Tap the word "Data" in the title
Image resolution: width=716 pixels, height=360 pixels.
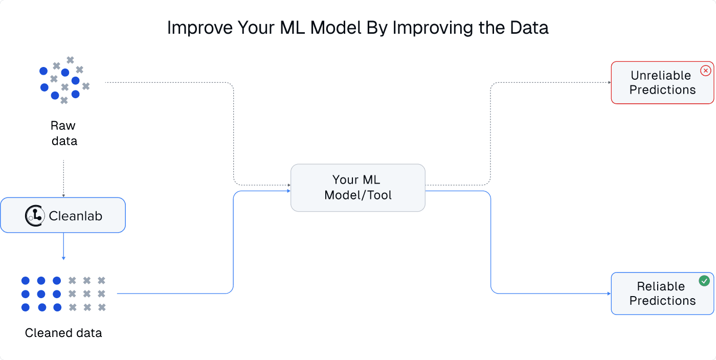click(x=528, y=28)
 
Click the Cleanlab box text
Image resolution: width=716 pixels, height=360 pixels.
click(x=76, y=216)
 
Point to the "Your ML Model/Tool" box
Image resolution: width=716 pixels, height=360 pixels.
click(x=357, y=188)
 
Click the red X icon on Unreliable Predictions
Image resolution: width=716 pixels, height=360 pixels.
click(x=706, y=71)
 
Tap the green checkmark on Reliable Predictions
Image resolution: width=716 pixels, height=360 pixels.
click(x=704, y=281)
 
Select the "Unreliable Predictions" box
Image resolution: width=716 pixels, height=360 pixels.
click(x=662, y=83)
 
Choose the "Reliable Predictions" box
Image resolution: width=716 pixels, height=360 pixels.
click(x=662, y=294)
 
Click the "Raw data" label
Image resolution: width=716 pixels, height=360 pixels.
click(x=64, y=133)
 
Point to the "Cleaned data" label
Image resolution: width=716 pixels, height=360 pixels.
click(x=63, y=333)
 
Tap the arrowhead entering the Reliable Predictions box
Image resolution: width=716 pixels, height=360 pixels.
click(x=609, y=294)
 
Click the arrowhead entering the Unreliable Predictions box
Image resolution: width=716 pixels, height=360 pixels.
click(x=609, y=83)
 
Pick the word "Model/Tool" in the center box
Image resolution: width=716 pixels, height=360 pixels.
click(x=358, y=195)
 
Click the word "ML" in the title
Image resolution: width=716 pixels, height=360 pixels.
click(x=293, y=28)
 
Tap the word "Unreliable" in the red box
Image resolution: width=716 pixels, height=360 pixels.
click(x=661, y=76)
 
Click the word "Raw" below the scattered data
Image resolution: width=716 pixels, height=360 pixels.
click(x=63, y=126)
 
